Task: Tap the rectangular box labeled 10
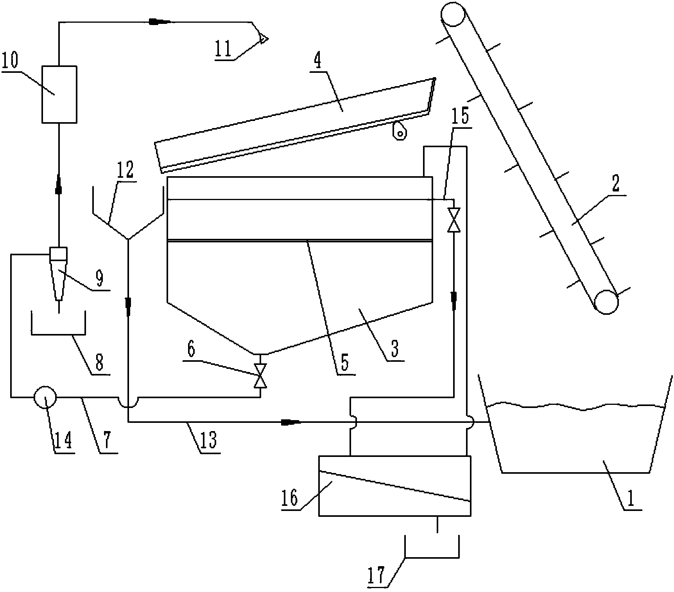59,94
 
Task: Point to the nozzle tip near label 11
263,38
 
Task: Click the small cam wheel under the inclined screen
400,131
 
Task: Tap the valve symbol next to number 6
260,375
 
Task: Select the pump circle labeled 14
45,397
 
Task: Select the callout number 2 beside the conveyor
615,184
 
